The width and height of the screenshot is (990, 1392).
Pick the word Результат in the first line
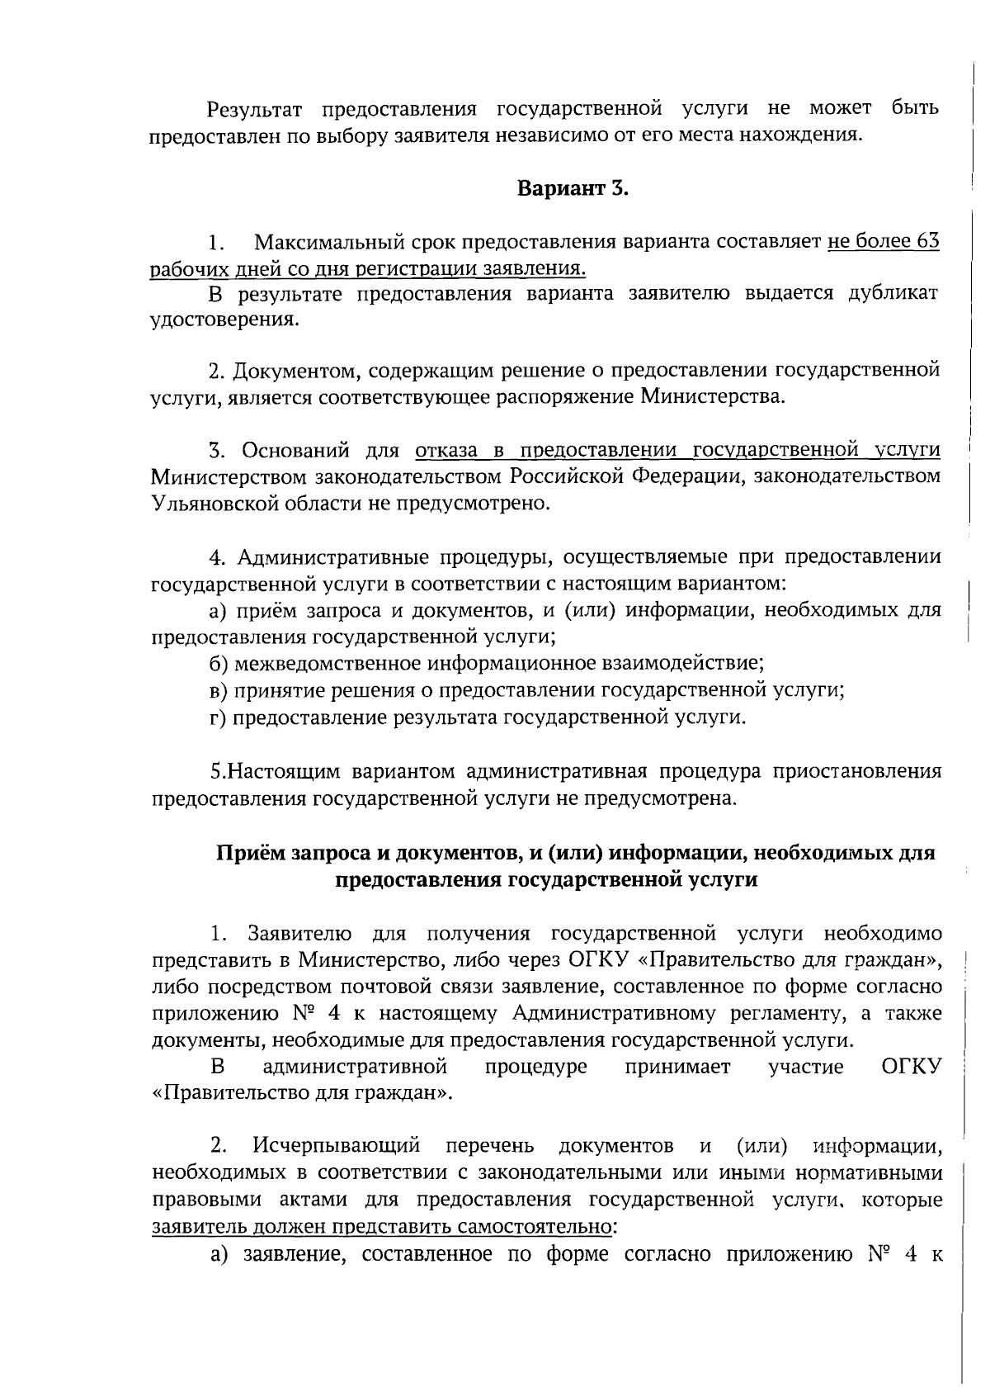255,109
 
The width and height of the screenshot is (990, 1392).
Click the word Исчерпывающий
337,1146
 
